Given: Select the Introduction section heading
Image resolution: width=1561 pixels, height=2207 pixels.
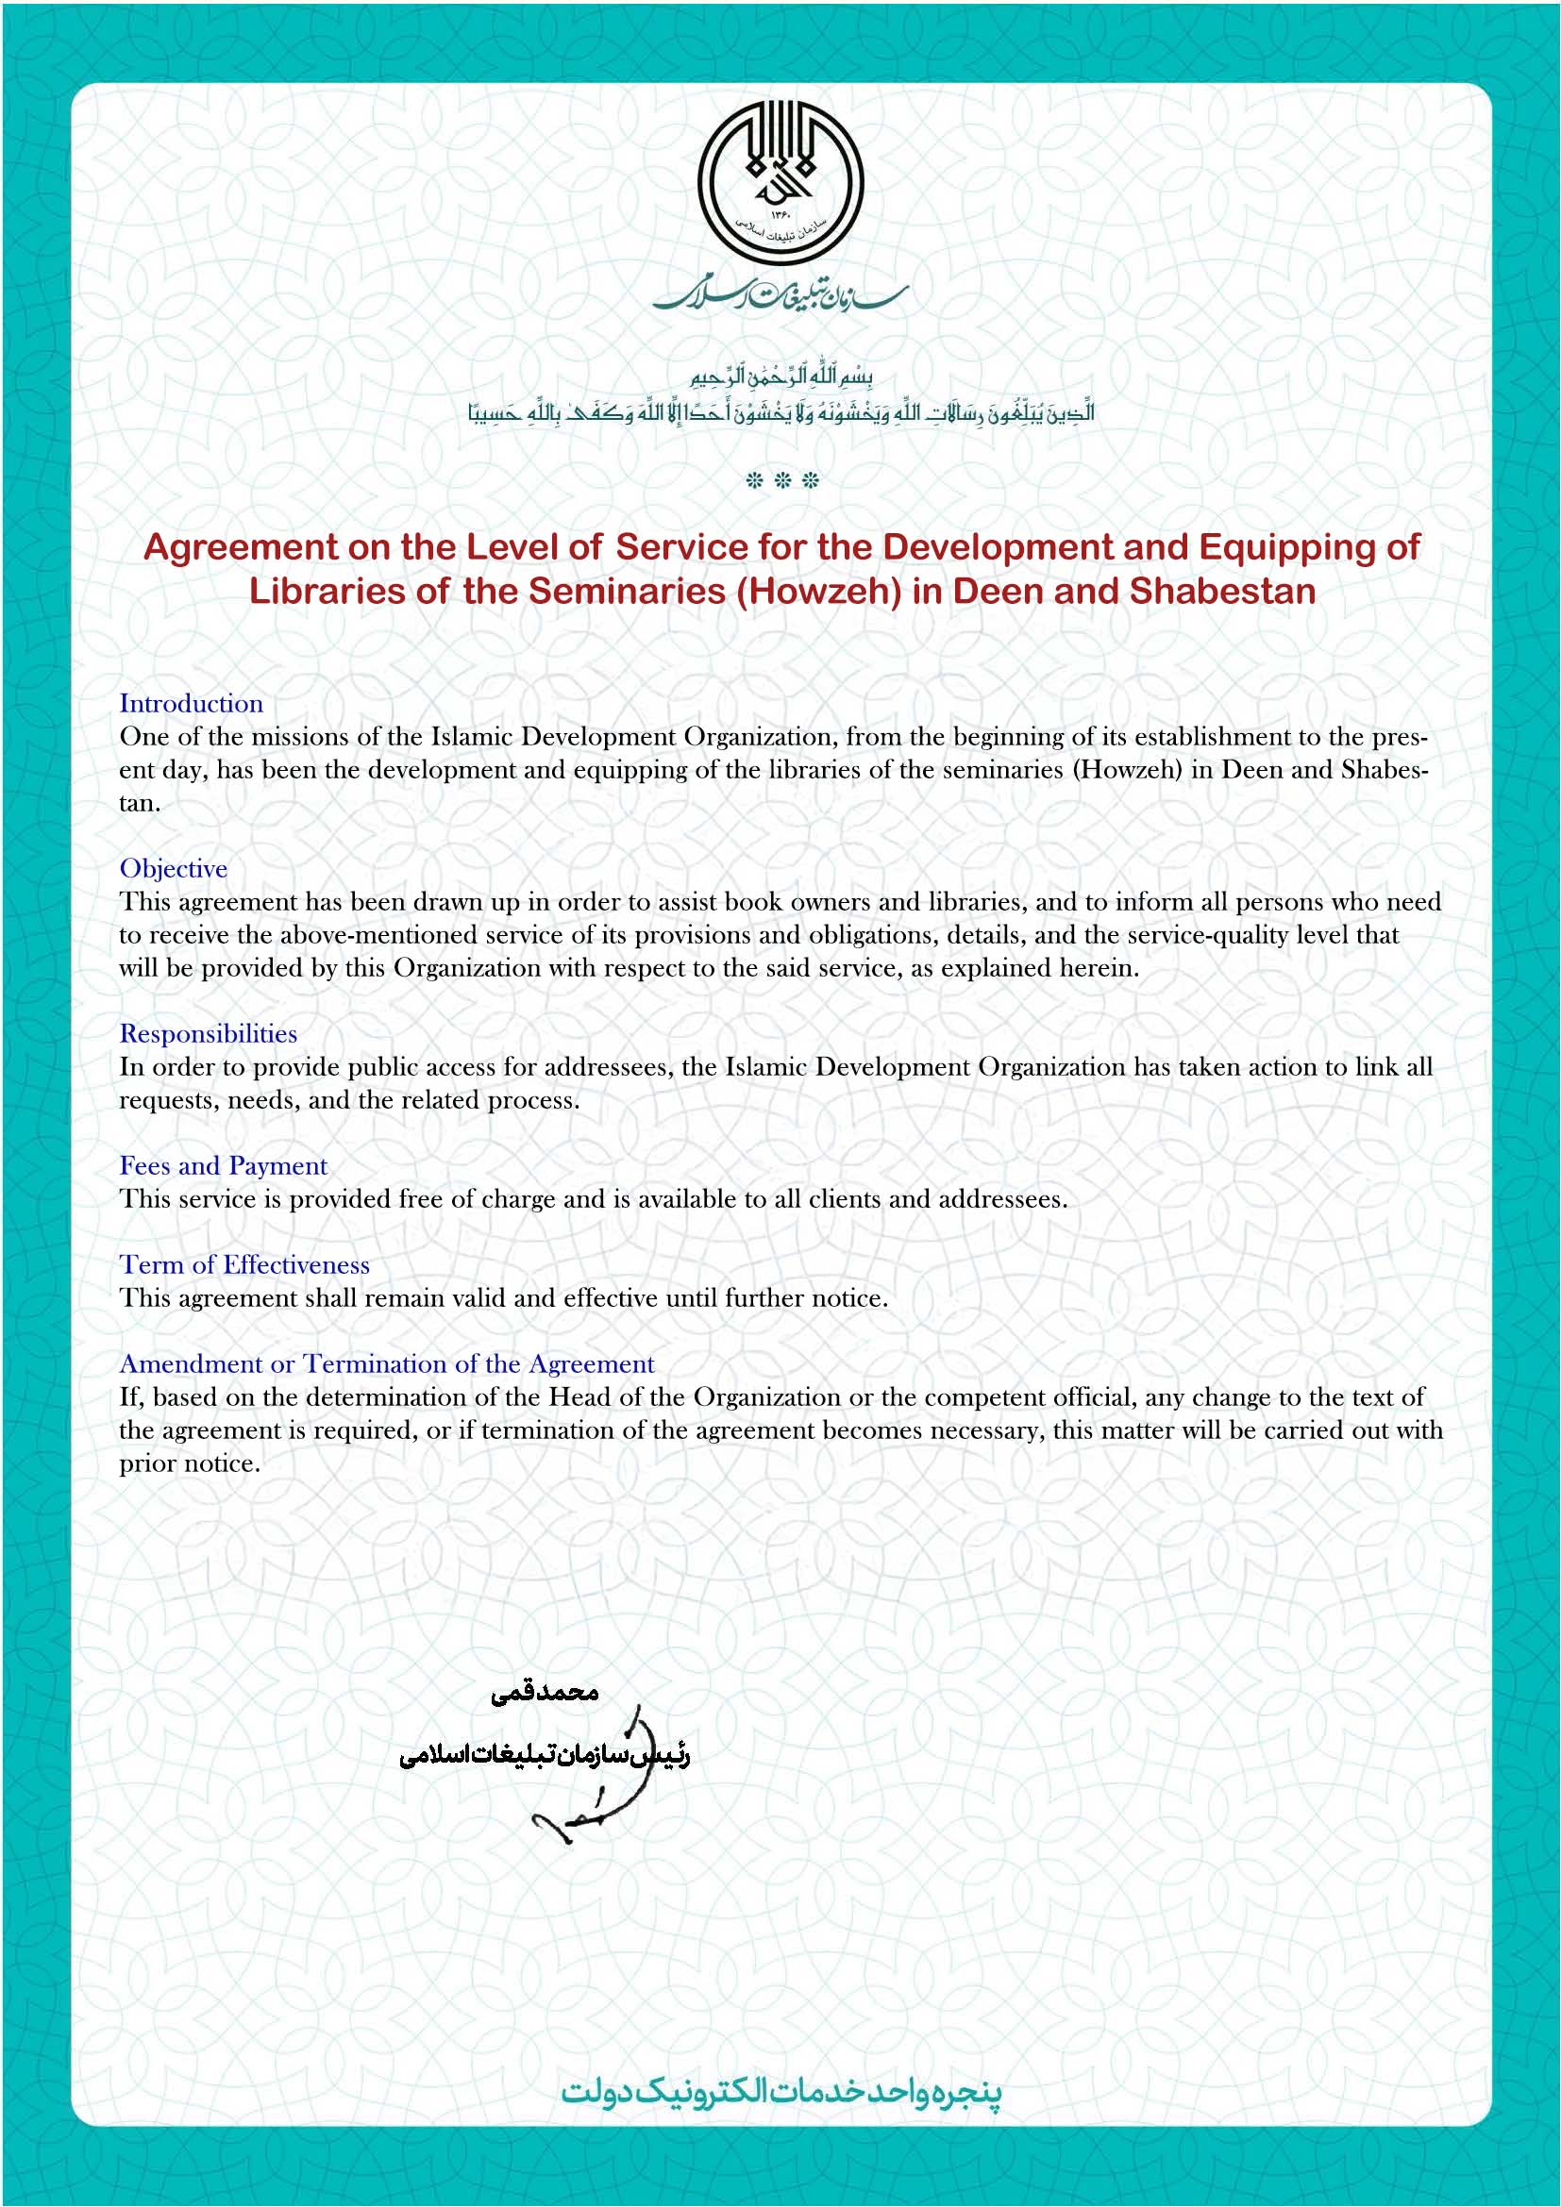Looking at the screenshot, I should click(x=192, y=704).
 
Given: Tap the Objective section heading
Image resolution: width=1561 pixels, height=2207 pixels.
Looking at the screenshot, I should click(x=173, y=869).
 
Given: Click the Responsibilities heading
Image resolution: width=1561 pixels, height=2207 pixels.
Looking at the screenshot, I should click(x=208, y=1034).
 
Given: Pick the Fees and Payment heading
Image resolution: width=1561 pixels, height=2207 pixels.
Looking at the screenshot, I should click(x=223, y=1166).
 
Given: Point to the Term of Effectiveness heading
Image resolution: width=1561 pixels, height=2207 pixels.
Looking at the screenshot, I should click(x=244, y=1265).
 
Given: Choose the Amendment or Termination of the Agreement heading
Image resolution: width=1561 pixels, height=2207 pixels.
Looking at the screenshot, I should click(x=386, y=1364).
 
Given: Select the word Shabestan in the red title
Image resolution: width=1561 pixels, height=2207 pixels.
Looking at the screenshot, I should click(x=1222, y=592).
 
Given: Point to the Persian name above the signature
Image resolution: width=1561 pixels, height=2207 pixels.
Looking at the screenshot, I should click(x=544, y=1693).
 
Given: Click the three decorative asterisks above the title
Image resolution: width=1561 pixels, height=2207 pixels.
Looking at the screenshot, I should click(x=781, y=480).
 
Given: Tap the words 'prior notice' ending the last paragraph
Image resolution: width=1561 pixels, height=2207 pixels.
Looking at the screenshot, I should click(x=190, y=1464).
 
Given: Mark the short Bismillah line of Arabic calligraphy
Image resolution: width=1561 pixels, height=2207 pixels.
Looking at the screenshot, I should click(x=781, y=375).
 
